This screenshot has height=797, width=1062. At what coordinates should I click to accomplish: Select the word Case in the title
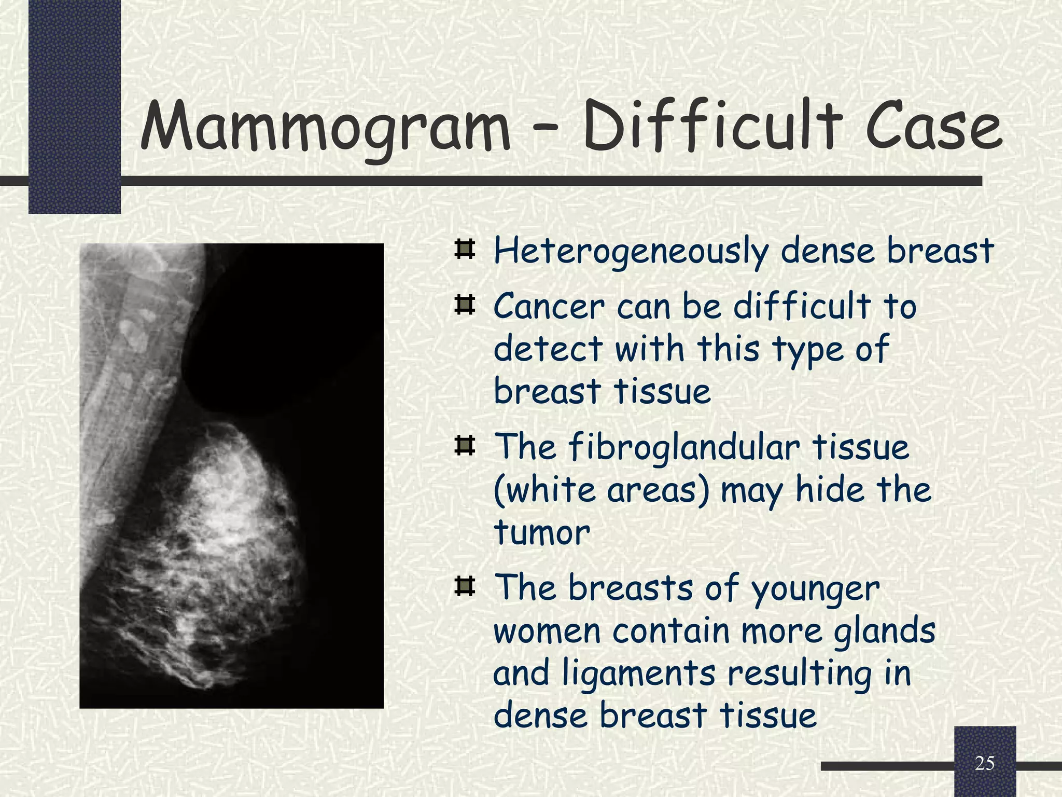pos(933,127)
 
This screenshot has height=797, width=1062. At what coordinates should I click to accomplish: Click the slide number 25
pos(984,763)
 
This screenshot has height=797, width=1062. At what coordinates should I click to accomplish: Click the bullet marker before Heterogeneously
pos(465,250)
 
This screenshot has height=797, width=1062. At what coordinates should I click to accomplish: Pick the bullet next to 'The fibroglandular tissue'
pos(465,446)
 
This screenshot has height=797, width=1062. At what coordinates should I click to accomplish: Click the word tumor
pos(542,532)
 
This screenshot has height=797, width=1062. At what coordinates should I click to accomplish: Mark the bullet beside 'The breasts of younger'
pos(465,587)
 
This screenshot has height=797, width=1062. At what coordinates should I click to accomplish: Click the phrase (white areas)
pos(601,490)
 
